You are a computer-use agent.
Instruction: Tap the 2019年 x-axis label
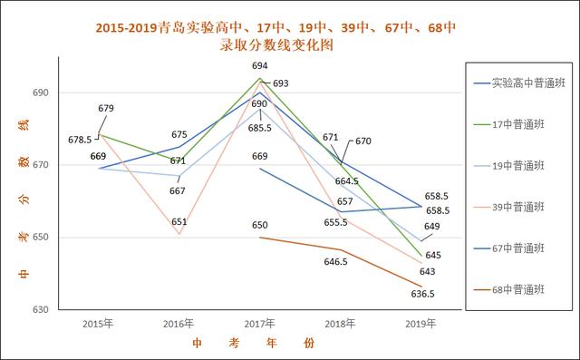click(x=420, y=323)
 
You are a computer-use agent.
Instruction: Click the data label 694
click(x=260, y=66)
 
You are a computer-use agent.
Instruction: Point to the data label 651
click(x=179, y=222)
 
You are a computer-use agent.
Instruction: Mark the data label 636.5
click(x=423, y=294)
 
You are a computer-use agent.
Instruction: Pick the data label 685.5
click(x=259, y=128)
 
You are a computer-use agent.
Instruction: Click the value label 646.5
click(x=336, y=262)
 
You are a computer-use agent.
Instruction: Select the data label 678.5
click(x=79, y=140)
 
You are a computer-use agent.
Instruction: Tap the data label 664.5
click(x=347, y=181)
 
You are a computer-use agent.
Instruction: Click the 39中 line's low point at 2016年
click(x=179, y=235)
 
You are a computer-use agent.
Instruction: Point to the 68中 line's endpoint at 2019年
click(x=420, y=287)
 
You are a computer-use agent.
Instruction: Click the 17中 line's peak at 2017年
click(x=260, y=78)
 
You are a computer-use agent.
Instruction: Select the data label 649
click(x=432, y=227)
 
